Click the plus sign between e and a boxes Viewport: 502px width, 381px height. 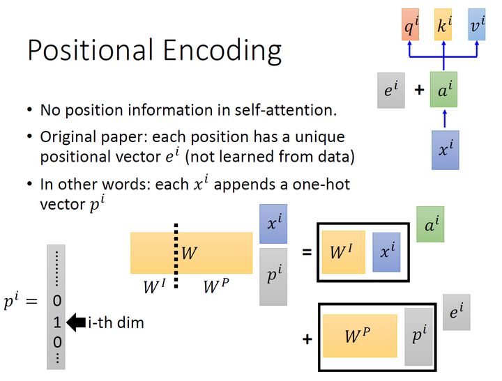click(419, 90)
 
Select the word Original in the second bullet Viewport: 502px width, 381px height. click(70, 137)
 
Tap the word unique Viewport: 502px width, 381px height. click(321, 137)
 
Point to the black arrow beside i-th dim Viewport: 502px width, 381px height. click(75, 322)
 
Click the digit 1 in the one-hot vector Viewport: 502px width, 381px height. click(58, 322)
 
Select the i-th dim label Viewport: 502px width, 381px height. click(116, 322)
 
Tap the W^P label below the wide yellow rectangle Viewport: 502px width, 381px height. click(215, 285)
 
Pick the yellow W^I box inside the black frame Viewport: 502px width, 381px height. click(343, 251)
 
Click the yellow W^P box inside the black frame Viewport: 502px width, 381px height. click(360, 336)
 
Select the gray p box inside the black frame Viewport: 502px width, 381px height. click(419, 336)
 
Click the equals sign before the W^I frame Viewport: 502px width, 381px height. click(307, 252)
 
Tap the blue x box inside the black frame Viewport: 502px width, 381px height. click(386, 251)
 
